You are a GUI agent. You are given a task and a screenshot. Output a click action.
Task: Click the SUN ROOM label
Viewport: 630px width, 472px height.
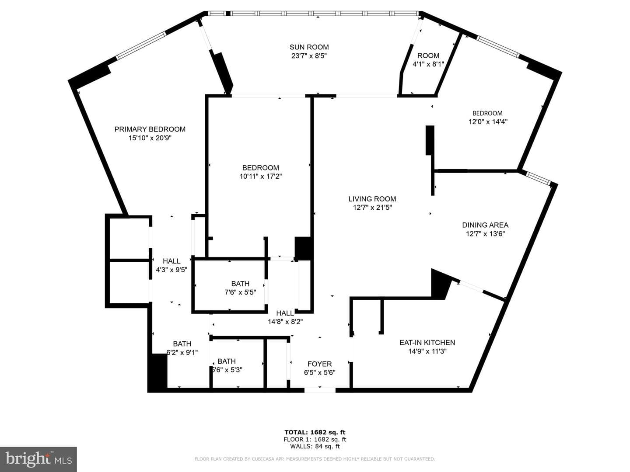coord(309,47)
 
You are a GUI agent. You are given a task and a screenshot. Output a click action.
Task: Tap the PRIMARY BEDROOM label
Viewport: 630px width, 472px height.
coord(150,129)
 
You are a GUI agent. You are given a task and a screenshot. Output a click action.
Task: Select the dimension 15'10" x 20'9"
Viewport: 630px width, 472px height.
coord(150,138)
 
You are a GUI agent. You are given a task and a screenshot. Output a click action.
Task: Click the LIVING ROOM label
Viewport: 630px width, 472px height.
coord(372,199)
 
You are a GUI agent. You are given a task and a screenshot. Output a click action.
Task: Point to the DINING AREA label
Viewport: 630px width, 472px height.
coord(485,225)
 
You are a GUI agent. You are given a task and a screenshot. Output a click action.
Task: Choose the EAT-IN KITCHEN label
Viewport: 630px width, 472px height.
coord(427,343)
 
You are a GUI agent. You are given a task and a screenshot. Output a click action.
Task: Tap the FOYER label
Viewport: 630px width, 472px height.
coord(319,364)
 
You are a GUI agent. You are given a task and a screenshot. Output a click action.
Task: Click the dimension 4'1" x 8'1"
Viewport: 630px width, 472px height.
coord(428,64)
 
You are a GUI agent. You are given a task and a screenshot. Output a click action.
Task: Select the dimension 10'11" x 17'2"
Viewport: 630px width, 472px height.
coord(261,177)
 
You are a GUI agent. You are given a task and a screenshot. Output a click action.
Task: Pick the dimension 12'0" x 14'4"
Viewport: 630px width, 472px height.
coord(488,122)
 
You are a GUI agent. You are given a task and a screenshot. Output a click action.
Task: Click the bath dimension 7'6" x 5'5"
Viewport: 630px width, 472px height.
coord(240,292)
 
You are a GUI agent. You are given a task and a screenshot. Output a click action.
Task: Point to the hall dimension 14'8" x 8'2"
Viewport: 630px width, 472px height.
coord(285,322)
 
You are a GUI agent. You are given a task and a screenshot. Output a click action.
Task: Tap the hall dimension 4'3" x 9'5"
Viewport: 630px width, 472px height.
coord(171,270)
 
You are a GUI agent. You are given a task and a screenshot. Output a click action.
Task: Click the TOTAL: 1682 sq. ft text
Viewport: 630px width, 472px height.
coord(315,432)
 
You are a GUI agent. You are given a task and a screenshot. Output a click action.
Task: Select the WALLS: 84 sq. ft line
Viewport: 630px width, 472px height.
coord(315,446)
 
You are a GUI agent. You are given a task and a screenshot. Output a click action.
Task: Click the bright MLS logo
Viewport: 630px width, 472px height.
coord(38,459)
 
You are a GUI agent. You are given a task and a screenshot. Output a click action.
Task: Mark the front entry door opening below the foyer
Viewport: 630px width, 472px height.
coord(320,390)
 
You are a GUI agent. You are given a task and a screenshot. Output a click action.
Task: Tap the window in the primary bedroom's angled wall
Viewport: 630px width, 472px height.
coord(141,45)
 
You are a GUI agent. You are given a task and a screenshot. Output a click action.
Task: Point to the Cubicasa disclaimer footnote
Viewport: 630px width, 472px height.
coord(315,459)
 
